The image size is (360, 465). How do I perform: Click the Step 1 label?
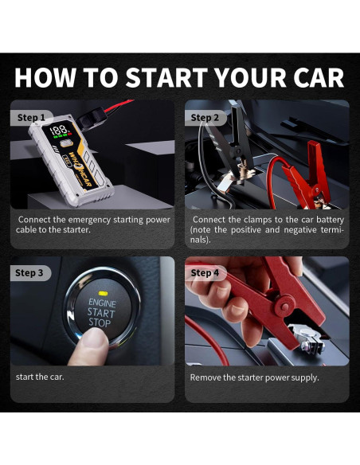(x=31, y=117)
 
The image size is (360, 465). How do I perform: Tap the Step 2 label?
(x=205, y=117)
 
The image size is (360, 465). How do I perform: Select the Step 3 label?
(x=29, y=273)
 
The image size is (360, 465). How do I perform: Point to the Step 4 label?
(x=205, y=273)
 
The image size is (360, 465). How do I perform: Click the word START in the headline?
(x=166, y=77)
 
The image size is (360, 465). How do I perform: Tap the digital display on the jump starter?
(x=59, y=131)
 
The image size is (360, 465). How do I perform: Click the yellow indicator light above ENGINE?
(x=103, y=294)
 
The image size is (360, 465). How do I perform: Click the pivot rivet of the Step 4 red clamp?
(x=284, y=307)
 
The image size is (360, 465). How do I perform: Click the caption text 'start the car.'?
(x=40, y=377)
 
